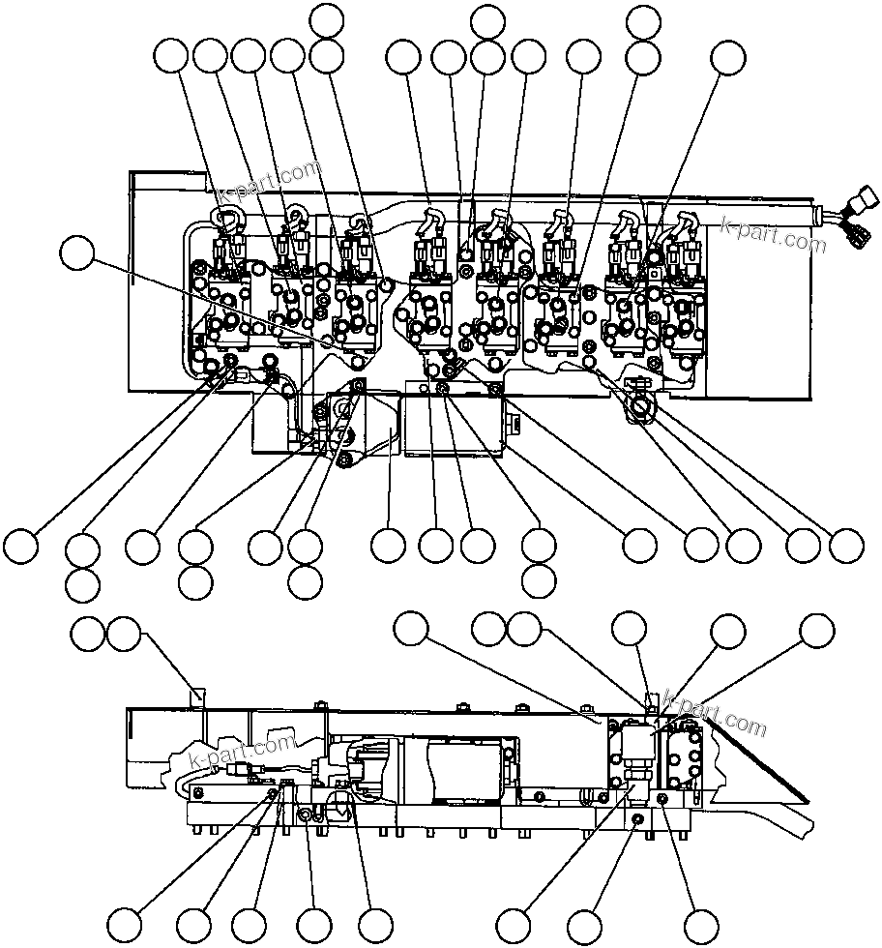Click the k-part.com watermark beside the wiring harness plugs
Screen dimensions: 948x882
click(x=774, y=232)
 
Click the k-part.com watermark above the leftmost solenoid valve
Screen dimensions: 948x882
click(x=268, y=184)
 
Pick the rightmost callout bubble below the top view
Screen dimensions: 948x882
click(x=846, y=546)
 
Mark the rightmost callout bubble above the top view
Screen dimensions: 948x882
click(x=728, y=58)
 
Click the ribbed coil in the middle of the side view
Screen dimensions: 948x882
click(x=464, y=771)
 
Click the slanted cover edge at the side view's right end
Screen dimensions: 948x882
click(x=764, y=764)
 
